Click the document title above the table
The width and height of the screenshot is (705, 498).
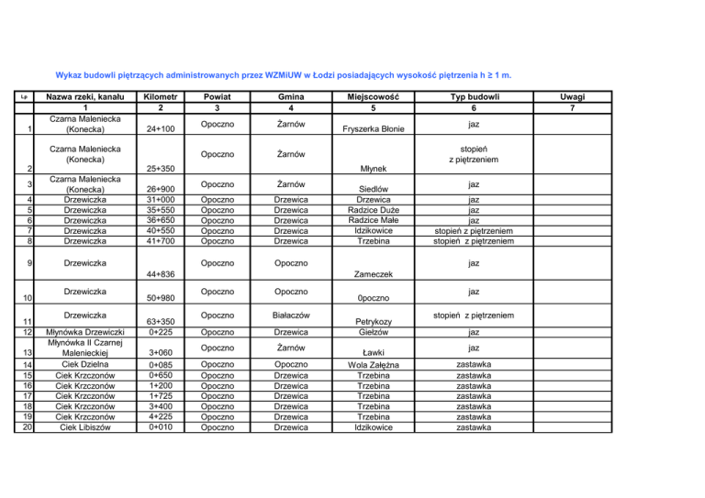coord(283,75)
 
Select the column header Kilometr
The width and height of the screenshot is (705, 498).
coord(161,96)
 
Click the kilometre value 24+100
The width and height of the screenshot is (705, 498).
coord(161,129)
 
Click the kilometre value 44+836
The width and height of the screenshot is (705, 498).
coord(161,273)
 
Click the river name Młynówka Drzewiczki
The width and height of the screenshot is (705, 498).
coord(85,332)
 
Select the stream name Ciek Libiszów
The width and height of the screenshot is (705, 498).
coord(85,426)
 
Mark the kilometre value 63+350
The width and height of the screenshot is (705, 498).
coord(161,322)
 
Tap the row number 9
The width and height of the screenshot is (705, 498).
coord(28,264)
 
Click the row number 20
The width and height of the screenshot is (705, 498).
coord(27,426)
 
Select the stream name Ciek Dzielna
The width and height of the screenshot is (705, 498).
coord(85,365)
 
